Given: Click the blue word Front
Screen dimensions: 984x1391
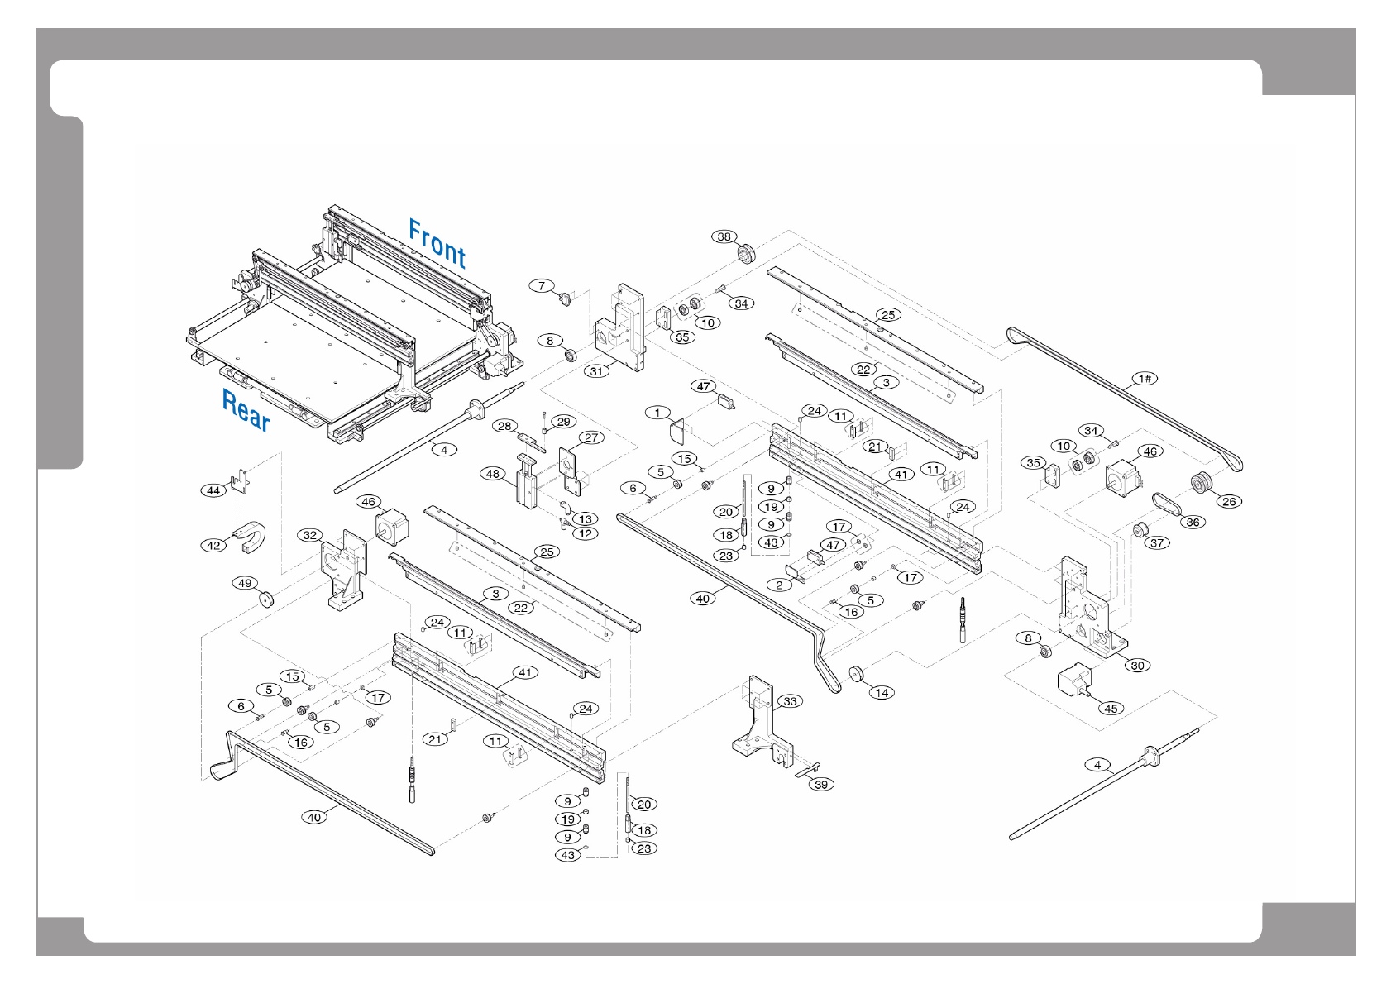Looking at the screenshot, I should click(437, 243).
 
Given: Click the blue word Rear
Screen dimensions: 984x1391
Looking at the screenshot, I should click(246, 409).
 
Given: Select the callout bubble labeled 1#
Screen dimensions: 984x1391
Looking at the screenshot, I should click(1145, 379).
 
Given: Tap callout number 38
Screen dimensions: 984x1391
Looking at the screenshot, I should click(724, 236).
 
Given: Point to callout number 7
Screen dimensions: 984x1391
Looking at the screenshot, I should click(542, 286).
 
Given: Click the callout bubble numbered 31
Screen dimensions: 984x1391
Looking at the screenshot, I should click(597, 371).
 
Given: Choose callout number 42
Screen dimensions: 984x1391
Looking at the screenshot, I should click(214, 545).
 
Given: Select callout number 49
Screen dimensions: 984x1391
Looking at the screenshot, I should click(245, 583).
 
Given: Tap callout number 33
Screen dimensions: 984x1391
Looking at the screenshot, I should click(791, 701).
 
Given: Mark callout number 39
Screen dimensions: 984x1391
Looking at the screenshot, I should click(821, 784).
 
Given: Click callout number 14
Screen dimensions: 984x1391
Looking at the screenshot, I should click(882, 693).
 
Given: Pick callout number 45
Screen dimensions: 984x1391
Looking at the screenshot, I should click(1111, 708).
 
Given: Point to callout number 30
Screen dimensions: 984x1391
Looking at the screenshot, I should click(1138, 665).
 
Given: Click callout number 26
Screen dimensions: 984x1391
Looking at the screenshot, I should click(1229, 501).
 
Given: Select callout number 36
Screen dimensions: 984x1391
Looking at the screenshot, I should click(1193, 522).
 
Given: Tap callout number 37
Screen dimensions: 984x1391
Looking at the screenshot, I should click(1157, 542).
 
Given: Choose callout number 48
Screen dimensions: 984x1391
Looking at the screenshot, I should click(493, 474).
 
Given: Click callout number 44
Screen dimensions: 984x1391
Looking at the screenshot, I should click(213, 490).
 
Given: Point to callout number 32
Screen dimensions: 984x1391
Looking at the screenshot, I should click(310, 535).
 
